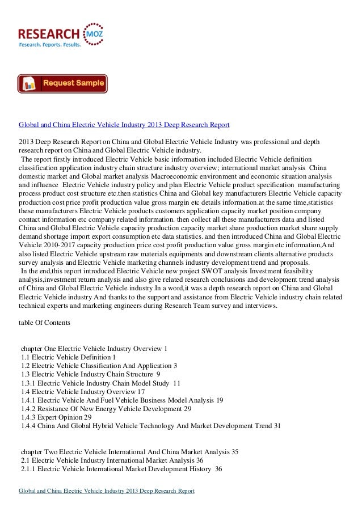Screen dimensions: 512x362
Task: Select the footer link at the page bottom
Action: click(107, 490)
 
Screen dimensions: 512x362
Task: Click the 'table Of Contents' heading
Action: click(44, 323)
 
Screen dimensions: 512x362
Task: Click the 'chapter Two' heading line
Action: click(129, 452)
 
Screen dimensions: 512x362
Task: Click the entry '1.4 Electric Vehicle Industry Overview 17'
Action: click(83, 391)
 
